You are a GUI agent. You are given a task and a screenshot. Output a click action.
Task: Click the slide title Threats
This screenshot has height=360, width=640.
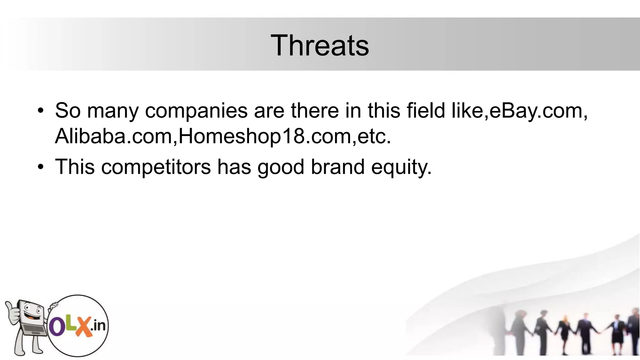(319, 46)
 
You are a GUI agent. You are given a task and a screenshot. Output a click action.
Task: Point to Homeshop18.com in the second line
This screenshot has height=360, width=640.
(265, 136)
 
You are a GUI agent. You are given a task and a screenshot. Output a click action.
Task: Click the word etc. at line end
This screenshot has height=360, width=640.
(374, 136)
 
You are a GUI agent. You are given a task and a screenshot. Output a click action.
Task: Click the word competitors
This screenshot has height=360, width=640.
(156, 167)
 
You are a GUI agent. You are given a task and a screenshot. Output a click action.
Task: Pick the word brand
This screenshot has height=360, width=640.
(337, 167)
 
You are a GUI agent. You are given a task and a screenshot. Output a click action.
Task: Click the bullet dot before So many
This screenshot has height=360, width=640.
(40, 111)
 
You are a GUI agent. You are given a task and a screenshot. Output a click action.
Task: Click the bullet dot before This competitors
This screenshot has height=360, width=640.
(40, 167)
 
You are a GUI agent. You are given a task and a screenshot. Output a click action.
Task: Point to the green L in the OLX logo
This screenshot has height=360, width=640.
(69, 325)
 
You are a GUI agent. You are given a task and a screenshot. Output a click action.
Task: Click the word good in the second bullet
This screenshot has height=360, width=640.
(281, 167)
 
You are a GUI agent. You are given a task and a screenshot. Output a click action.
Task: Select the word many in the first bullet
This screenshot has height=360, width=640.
(112, 111)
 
